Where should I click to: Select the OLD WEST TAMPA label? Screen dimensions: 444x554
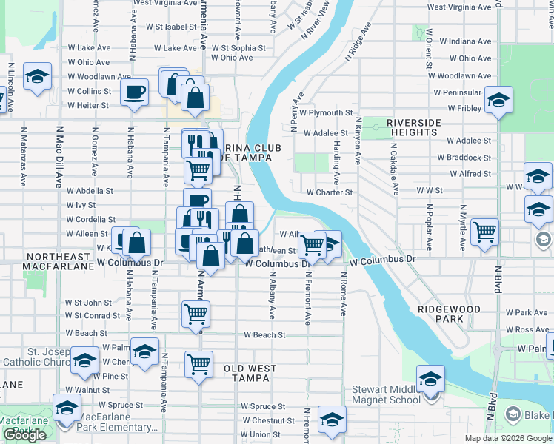pos(250,373)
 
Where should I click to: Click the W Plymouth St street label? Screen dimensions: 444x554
pos(330,113)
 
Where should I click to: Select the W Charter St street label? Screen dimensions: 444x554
pos(330,192)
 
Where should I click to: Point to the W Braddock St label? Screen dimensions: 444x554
pos(464,158)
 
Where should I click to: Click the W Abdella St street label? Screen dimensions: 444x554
pos(90,189)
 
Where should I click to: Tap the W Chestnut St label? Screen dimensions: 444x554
pos(263,420)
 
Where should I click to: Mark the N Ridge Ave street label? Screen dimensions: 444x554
pos(358,46)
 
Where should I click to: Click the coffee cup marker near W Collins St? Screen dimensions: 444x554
pos(135,92)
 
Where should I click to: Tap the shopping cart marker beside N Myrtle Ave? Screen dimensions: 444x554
pos(484,232)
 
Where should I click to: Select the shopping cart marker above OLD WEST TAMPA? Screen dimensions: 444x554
pos(198,363)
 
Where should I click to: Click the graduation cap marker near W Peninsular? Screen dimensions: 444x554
pos(498,100)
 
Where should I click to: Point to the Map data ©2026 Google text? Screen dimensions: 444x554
pos(507,438)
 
